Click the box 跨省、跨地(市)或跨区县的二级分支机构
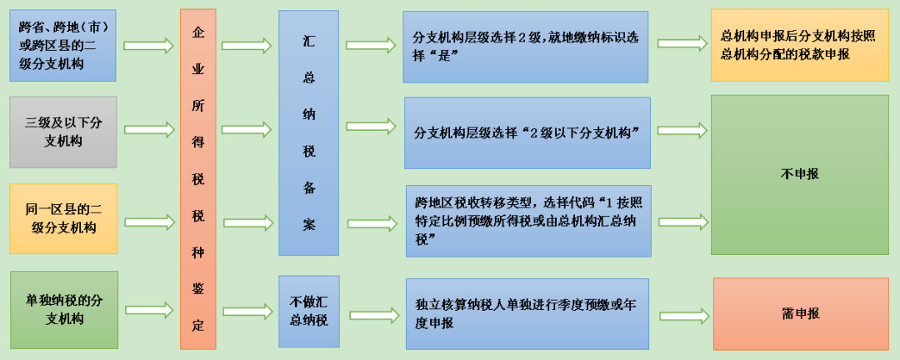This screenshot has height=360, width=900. [62, 45]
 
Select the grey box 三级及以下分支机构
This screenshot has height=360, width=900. [63, 132]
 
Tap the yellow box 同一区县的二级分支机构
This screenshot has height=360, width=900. [63, 219]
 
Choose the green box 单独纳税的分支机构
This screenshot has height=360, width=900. [64, 310]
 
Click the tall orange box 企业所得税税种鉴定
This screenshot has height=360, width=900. [198, 179]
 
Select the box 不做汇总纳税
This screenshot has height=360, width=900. [309, 311]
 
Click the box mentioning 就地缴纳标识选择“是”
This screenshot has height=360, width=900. [525, 47]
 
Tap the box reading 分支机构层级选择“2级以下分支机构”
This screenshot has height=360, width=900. [527, 132]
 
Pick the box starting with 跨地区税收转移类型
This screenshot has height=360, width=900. [528, 221]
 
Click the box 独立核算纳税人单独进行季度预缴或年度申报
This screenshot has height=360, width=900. [527, 314]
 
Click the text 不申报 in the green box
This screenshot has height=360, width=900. [799, 175]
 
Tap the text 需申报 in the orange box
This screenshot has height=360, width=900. [800, 313]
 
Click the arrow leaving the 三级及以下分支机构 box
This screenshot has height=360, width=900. [148, 130]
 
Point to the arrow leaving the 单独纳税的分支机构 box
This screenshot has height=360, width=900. [149, 310]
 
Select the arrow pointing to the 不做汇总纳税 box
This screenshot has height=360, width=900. [247, 311]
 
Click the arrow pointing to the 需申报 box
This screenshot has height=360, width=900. [683, 316]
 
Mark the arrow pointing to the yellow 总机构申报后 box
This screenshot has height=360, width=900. [682, 43]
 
